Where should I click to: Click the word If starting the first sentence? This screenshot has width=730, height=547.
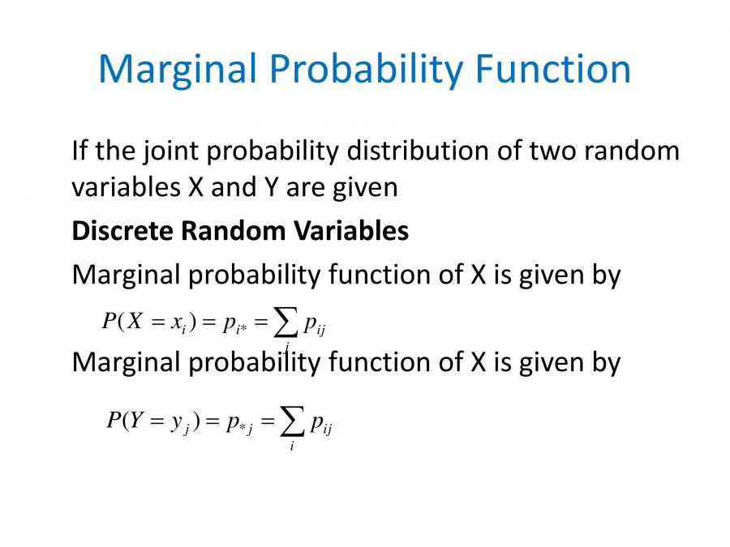pos(79,151)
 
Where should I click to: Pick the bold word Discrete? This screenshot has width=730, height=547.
pos(122,231)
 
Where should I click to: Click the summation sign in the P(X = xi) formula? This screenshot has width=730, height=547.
pos(286,322)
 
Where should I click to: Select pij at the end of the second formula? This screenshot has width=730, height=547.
pos(321,423)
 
